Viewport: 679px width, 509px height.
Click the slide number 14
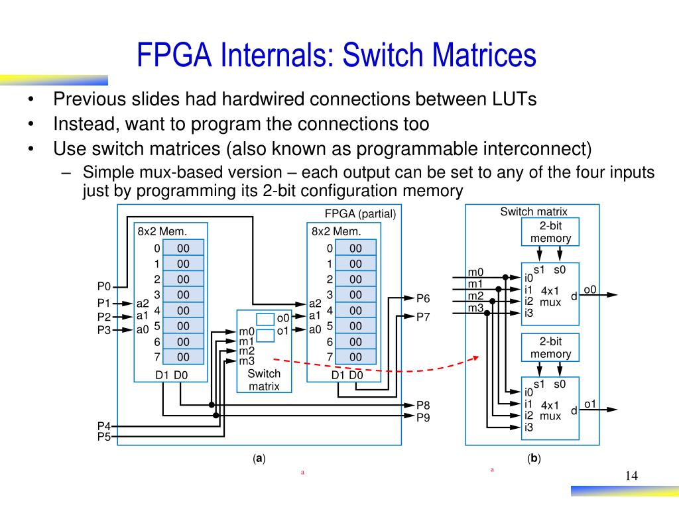click(x=631, y=477)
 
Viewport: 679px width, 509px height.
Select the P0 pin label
click(x=103, y=286)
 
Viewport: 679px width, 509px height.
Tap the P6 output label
click(x=423, y=298)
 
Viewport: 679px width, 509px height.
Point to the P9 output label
click(x=423, y=417)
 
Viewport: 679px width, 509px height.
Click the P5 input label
click(x=103, y=437)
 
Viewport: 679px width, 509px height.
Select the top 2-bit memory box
click(x=550, y=232)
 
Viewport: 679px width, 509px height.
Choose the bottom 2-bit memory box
click(x=550, y=347)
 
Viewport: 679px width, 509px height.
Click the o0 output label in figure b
click(x=590, y=289)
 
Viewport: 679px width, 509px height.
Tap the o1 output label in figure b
click(x=590, y=404)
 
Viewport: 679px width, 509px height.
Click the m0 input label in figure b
click(x=475, y=272)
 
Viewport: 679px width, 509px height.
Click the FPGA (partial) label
click(x=360, y=213)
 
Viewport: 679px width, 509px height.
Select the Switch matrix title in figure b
click(x=533, y=211)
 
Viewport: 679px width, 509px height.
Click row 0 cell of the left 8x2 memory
click(x=183, y=248)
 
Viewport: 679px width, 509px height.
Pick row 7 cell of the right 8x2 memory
click(x=355, y=357)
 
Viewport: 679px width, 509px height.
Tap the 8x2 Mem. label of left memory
click(x=162, y=231)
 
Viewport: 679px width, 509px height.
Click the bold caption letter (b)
click(x=534, y=459)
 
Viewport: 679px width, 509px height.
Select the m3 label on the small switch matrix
click(x=247, y=361)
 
